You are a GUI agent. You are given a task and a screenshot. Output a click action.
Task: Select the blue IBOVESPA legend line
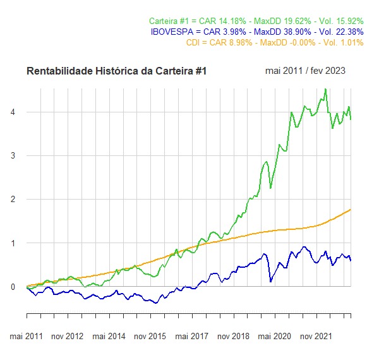point(257,32)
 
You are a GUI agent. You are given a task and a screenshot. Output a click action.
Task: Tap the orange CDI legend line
point(275,42)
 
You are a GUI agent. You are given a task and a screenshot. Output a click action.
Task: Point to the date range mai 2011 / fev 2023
point(306,71)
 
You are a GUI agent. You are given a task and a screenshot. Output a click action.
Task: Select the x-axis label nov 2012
point(67,336)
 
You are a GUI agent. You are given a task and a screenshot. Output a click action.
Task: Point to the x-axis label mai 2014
point(109,336)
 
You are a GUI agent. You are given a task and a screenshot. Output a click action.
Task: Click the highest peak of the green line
point(325,89)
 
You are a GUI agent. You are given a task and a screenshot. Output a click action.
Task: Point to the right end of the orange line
point(351,209)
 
